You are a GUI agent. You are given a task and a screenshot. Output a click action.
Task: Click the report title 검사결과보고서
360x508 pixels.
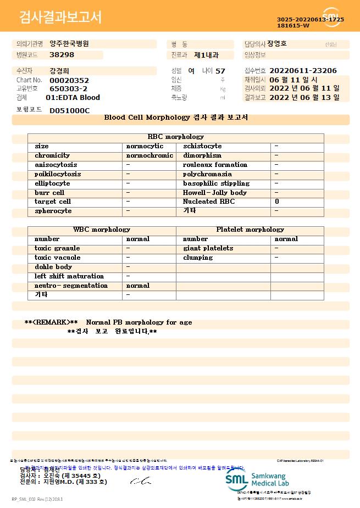pyautogui.click(x=60, y=18)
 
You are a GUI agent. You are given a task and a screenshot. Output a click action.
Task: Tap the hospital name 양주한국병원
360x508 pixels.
pyautogui.click(x=69, y=43)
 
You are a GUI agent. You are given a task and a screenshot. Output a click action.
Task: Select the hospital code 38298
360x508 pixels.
pyautogui.click(x=62, y=55)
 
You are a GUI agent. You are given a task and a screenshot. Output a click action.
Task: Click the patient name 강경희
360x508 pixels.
pyautogui.click(x=59, y=71)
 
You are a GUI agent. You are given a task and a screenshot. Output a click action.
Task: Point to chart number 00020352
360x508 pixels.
pyautogui.click(x=69, y=80)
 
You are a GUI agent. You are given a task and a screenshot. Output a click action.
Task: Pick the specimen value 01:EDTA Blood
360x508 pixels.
pyautogui.click(x=73, y=97)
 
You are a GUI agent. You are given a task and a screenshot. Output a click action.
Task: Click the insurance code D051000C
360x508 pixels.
pyautogui.click(x=69, y=110)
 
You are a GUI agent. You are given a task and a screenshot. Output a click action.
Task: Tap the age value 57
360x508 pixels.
pyautogui.click(x=220, y=71)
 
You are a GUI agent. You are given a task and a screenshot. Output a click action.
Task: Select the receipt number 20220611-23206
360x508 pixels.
pyautogui.click(x=303, y=71)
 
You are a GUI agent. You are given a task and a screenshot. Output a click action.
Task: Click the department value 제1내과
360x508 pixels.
pyautogui.click(x=207, y=55)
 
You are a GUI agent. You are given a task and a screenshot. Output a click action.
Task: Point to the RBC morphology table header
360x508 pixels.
pyautogui.click(x=175, y=137)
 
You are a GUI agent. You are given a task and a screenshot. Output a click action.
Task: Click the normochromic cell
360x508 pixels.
pyautogui.click(x=149, y=155)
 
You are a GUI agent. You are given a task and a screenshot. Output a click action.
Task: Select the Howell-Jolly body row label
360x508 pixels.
pyautogui.click(x=215, y=193)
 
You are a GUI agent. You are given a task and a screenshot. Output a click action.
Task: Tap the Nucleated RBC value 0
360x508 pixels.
pyautogui.click(x=277, y=202)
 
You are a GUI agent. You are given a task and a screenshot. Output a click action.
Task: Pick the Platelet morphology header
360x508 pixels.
pyautogui.click(x=250, y=230)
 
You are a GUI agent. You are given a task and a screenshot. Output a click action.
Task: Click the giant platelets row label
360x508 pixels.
pyautogui.click(x=208, y=248)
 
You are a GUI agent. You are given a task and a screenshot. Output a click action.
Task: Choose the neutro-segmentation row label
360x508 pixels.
pyautogui.click(x=71, y=286)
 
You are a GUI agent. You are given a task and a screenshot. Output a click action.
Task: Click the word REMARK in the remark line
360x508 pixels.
pyautogui.click(x=51, y=322)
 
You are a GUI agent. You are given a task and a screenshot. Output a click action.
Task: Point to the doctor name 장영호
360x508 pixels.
pyautogui.click(x=277, y=43)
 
